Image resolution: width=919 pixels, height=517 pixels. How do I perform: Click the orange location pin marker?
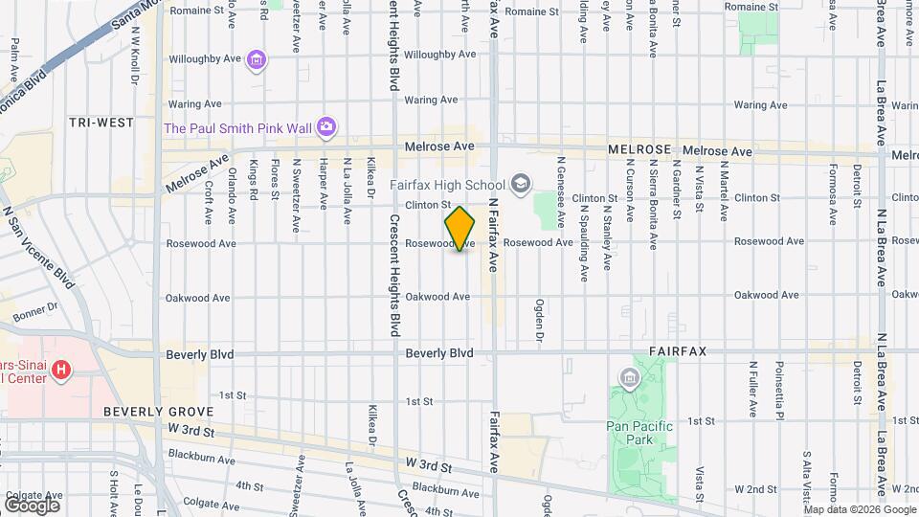[460, 228]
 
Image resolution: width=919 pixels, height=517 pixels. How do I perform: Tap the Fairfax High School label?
[447, 184]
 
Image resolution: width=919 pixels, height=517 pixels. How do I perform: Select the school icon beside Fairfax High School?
[521, 183]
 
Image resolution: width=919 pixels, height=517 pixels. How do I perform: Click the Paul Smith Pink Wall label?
[238, 127]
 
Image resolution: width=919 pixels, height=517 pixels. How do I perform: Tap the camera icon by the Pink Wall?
[326, 126]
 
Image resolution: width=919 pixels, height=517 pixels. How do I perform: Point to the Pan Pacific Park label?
[640, 426]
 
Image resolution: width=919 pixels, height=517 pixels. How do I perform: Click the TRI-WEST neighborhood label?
[101, 123]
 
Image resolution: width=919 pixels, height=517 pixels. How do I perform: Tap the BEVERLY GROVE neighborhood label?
[146, 412]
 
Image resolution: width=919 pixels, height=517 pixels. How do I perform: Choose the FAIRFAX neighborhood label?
[678, 351]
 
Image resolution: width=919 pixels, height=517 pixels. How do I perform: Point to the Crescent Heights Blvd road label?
[393, 274]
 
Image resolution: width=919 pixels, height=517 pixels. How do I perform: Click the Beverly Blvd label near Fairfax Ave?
[439, 353]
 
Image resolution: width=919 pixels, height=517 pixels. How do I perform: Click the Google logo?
[32, 505]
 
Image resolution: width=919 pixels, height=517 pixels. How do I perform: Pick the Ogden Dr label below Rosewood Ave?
[539, 322]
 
